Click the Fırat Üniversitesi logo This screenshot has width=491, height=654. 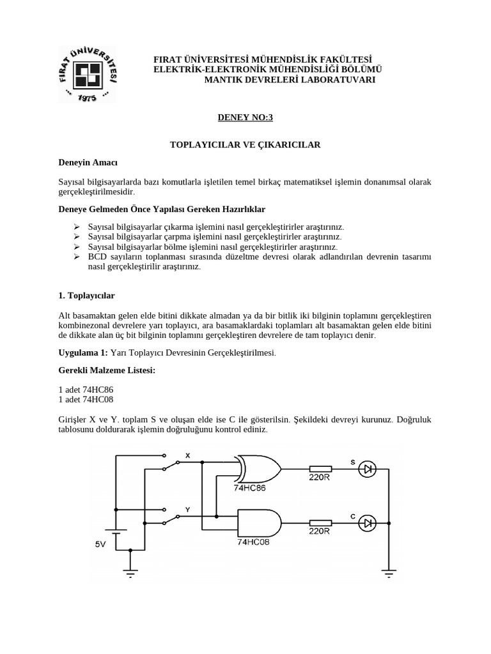pos(88,75)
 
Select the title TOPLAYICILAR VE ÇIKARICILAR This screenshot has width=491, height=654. pos(245,145)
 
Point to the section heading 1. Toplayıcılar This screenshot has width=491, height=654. pos(86,296)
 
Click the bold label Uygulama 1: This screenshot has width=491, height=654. pos(83,353)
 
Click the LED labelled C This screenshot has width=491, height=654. pos(368,523)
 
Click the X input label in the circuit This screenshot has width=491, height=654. pos(187,455)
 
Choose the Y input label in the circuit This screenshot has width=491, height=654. pos(187,510)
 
